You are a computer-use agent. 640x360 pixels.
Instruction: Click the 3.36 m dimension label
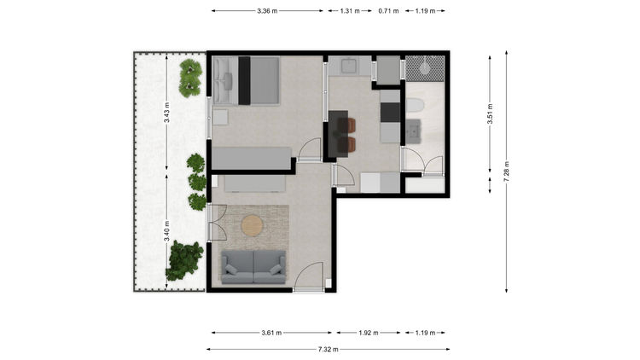click(267, 11)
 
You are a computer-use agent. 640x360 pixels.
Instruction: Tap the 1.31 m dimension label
click(350, 11)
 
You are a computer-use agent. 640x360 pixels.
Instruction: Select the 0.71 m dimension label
click(388, 11)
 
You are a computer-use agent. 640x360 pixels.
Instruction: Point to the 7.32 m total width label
click(328, 350)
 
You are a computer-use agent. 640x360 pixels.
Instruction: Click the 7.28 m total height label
click(507, 171)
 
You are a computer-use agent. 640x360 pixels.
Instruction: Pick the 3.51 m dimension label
click(490, 113)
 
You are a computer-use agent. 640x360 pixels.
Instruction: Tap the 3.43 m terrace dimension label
click(166, 113)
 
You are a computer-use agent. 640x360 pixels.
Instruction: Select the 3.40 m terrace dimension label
click(166, 231)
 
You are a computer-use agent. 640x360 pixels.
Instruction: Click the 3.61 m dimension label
click(271, 333)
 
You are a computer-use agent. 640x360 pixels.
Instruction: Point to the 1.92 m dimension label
click(368, 333)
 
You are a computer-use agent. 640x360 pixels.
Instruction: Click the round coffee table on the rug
click(253, 226)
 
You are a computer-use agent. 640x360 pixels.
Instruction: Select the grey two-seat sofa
click(253, 267)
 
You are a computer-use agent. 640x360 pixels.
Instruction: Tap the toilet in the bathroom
click(415, 106)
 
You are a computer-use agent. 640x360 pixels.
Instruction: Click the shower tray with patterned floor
click(425, 68)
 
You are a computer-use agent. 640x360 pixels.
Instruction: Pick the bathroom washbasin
click(413, 132)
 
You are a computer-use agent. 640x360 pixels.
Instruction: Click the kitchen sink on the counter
click(349, 66)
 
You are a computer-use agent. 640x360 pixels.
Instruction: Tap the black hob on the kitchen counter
click(390, 113)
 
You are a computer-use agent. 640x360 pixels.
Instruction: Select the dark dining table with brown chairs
click(342, 134)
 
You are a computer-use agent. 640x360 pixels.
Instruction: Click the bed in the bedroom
click(246, 80)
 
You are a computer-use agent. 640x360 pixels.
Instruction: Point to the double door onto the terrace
click(217, 223)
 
